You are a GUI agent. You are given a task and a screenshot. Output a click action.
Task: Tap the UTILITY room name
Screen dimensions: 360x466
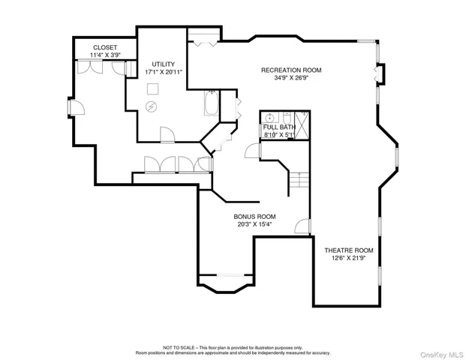(x=163, y=64)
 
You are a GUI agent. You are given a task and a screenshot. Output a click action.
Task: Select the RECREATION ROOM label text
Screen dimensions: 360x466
(x=291, y=70)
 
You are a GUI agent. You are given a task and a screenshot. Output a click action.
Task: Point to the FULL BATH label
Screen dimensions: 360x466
(x=279, y=127)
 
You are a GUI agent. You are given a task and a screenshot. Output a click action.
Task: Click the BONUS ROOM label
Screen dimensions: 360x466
(x=254, y=216)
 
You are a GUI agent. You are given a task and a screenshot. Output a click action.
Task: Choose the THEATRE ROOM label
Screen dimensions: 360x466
(x=348, y=250)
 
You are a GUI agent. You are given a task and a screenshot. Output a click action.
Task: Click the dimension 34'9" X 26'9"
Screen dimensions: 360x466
(x=291, y=77)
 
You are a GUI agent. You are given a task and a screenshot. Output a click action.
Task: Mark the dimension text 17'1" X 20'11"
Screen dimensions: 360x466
(x=164, y=72)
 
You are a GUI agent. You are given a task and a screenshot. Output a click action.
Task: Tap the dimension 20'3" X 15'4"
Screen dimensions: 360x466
(x=254, y=223)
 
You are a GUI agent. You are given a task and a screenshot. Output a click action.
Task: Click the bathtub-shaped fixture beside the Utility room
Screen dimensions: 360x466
(x=210, y=103)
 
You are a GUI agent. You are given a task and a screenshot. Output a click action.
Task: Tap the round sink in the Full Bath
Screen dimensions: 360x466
(x=286, y=118)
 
